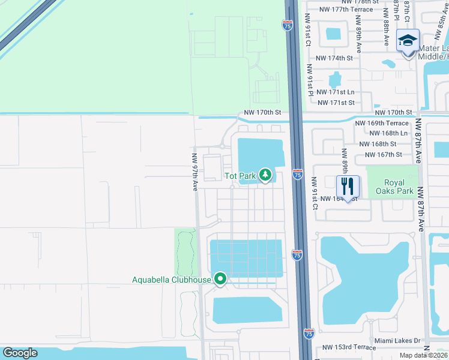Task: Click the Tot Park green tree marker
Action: (x=265, y=175)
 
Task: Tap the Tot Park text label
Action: (x=240, y=176)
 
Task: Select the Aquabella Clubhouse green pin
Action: (x=220, y=279)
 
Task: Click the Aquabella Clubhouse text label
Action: (x=172, y=280)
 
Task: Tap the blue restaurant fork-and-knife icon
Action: (x=347, y=185)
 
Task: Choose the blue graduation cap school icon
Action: (x=408, y=41)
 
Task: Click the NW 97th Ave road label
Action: (x=194, y=172)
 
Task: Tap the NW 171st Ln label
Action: (x=336, y=92)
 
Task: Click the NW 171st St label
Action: (x=336, y=103)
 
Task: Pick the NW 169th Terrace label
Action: (x=382, y=123)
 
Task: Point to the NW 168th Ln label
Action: (x=388, y=133)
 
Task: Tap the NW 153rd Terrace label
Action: (x=349, y=347)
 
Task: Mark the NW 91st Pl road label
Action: (x=310, y=80)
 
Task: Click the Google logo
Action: (x=20, y=353)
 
